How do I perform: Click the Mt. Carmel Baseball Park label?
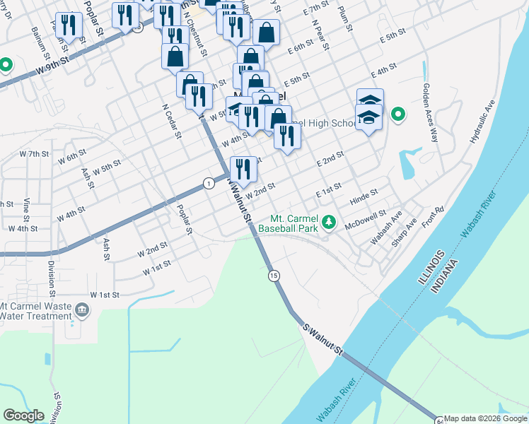286,224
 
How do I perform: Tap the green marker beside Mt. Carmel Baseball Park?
328,223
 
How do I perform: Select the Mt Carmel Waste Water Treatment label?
35,311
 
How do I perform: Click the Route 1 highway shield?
208,183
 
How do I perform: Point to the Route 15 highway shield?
274,275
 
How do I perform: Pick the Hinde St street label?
364,197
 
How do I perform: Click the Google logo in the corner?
23,416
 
